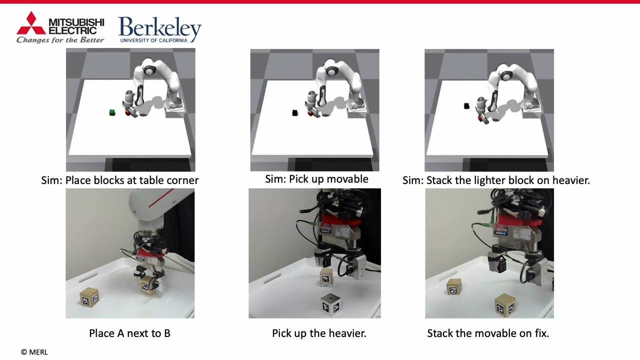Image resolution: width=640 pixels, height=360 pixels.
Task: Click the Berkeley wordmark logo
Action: (x=159, y=27)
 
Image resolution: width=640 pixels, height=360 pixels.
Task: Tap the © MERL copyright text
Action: (x=34, y=352)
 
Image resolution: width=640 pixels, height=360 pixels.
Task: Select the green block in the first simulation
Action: (x=112, y=112)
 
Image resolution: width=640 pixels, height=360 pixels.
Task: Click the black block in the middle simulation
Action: (x=295, y=113)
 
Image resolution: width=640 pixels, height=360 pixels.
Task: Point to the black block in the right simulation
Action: (x=466, y=106)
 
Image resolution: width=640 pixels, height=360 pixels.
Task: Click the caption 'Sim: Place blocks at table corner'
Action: (x=120, y=180)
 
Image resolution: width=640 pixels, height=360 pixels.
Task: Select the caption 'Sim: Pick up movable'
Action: (x=316, y=179)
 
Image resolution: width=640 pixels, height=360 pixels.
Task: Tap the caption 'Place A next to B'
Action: (x=129, y=333)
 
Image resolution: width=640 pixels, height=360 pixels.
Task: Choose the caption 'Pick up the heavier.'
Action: (x=319, y=333)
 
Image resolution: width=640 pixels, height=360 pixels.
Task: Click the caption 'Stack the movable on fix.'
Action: (x=488, y=333)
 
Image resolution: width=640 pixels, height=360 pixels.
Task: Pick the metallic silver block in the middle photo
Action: (x=330, y=304)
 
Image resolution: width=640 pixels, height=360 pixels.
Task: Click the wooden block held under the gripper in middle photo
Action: (x=326, y=277)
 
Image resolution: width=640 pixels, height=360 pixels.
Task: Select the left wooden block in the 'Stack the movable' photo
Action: (x=453, y=286)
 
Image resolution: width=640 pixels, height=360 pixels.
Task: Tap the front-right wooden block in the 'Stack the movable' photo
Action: (x=505, y=305)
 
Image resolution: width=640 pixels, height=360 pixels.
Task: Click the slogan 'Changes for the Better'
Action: (x=60, y=40)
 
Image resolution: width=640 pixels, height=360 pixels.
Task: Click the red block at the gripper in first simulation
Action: (x=128, y=113)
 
